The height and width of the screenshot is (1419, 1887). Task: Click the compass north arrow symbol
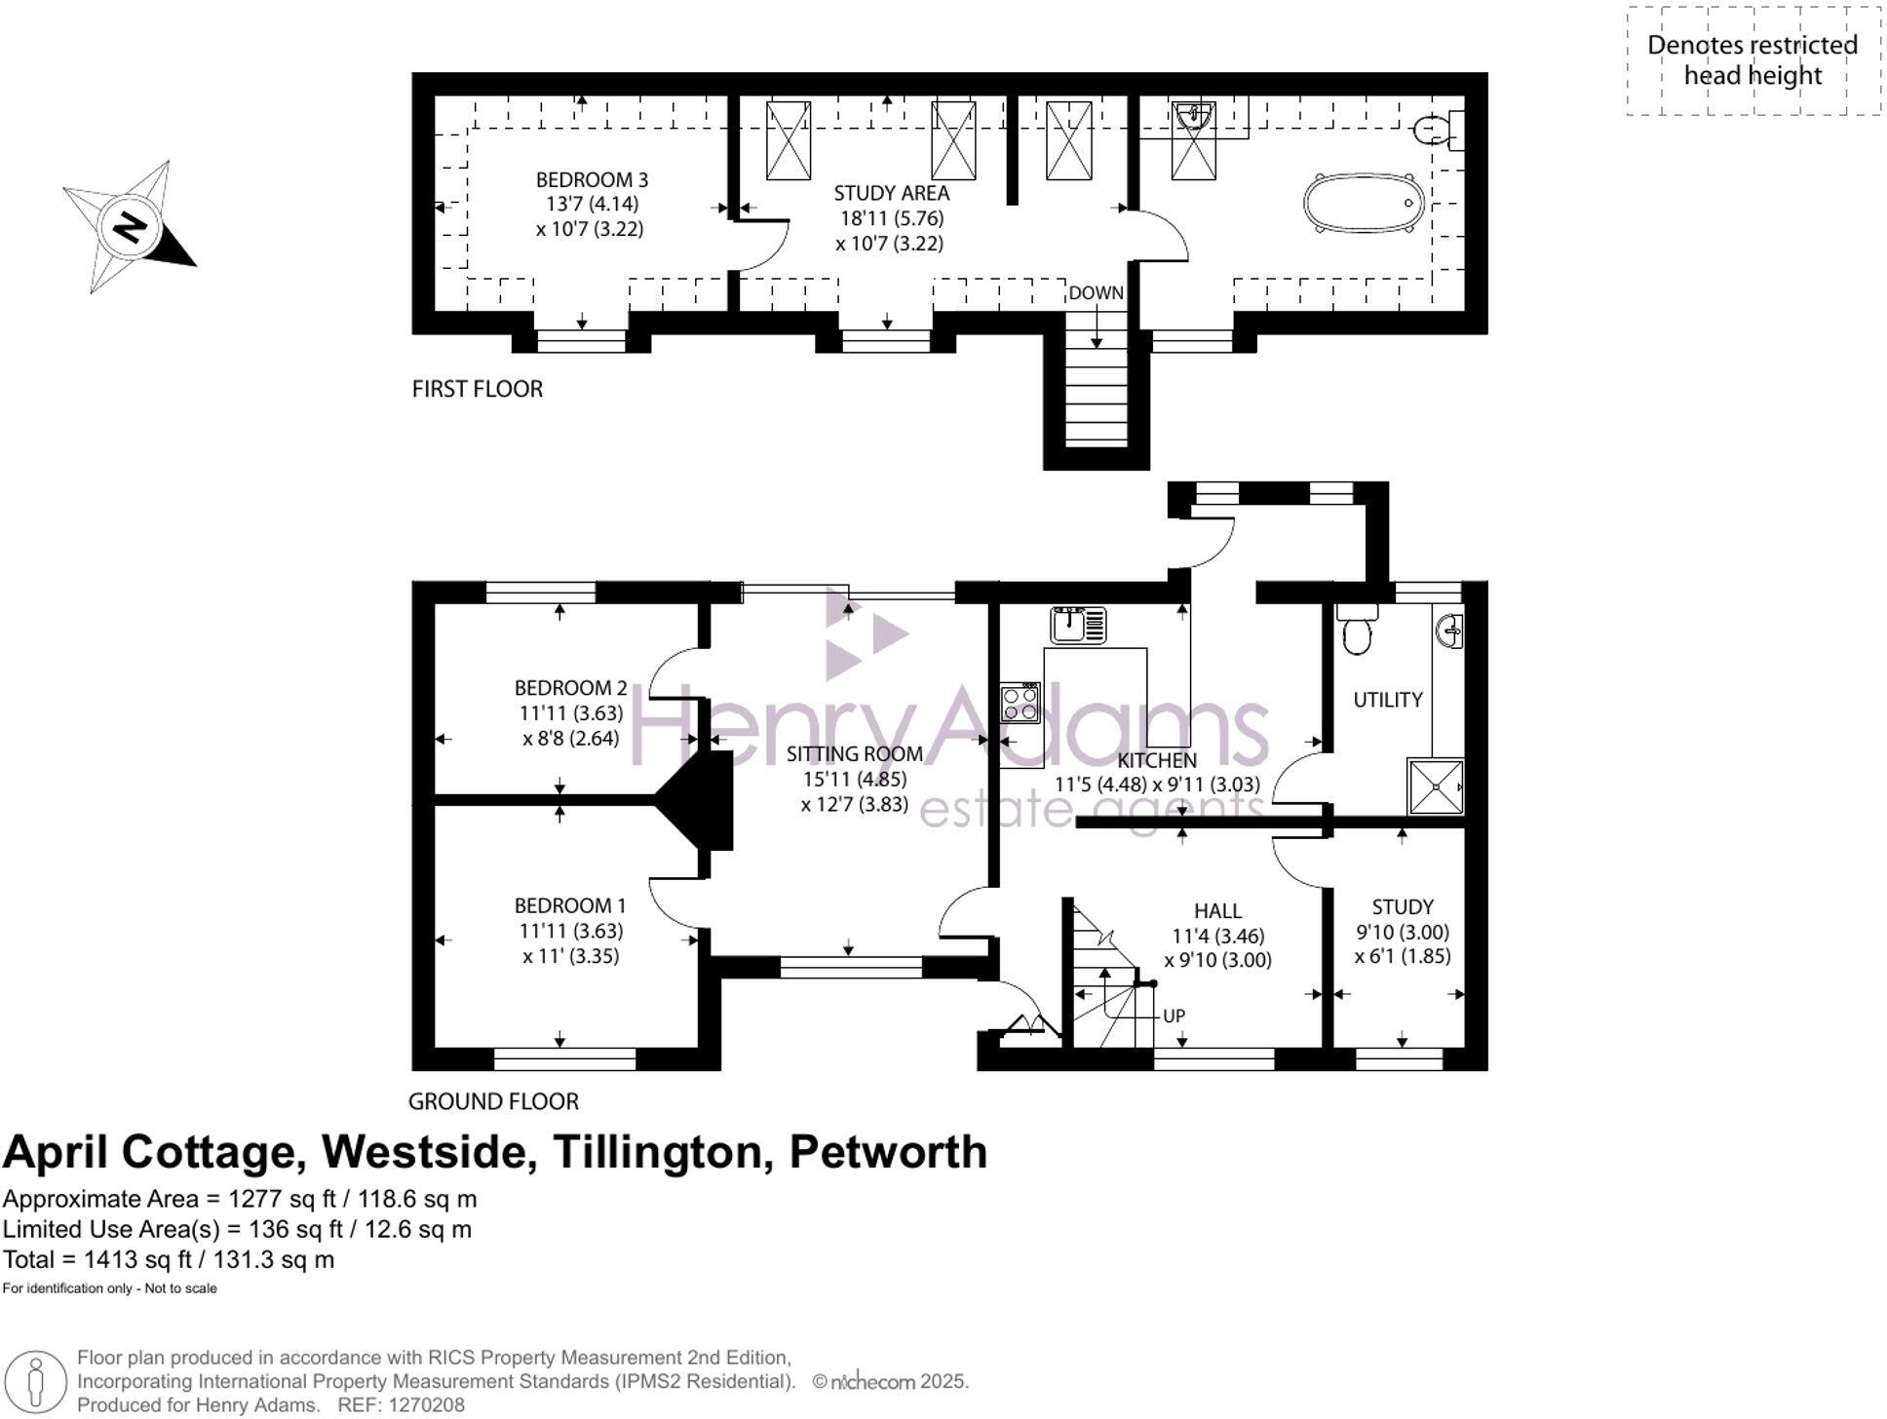(130, 227)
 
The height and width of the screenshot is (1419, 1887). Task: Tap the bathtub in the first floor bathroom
(1364, 203)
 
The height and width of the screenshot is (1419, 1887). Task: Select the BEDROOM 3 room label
(592, 180)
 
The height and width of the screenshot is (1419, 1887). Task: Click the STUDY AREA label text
(891, 193)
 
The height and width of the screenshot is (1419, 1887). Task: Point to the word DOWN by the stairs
(1096, 293)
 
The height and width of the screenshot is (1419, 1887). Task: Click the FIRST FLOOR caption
(477, 389)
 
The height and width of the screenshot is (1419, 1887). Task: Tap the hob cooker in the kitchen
(1020, 702)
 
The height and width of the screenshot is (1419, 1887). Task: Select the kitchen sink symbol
(1077, 625)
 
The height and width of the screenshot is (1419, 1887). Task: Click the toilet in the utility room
(1357, 629)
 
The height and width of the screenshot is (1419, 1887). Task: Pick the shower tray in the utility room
(1436, 786)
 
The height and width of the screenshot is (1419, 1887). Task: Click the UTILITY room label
(1387, 700)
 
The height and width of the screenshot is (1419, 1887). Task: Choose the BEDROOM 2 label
(570, 688)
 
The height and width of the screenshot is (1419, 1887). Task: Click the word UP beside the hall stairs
(1174, 1016)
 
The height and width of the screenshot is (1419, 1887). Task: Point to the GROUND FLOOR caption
(493, 1101)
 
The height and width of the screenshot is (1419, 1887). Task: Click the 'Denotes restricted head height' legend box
(1752, 60)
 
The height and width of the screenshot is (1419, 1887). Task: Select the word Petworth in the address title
(888, 1152)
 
